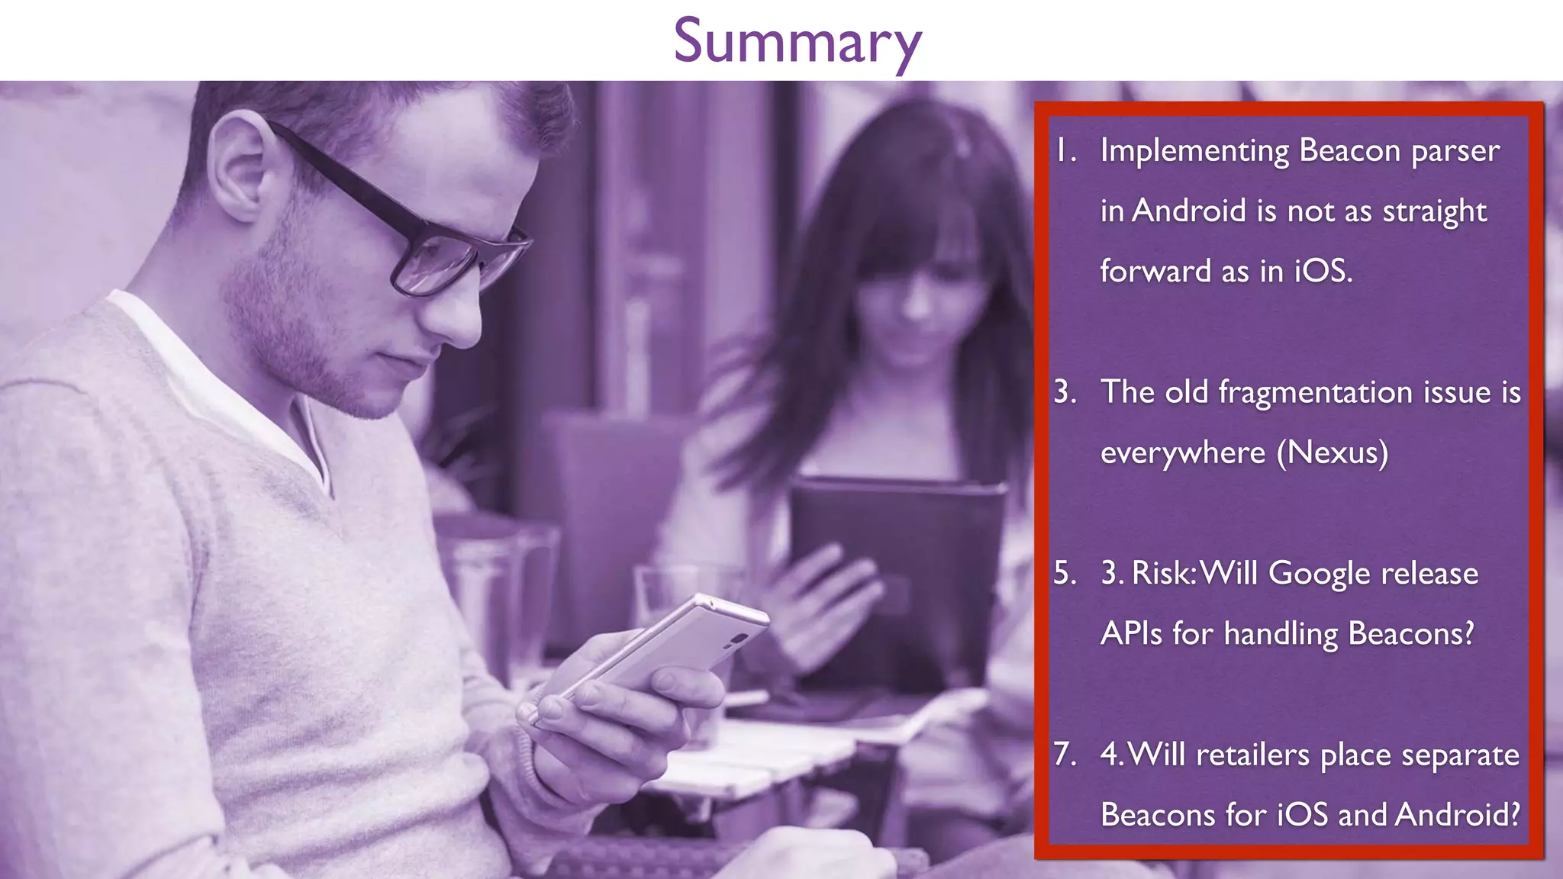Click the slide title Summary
coord(797,42)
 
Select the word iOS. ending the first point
coord(1323,271)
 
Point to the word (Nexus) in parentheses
coord(1333,452)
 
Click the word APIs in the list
coord(1133,633)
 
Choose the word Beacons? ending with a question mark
coord(1411,633)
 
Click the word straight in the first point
coord(1434,211)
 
